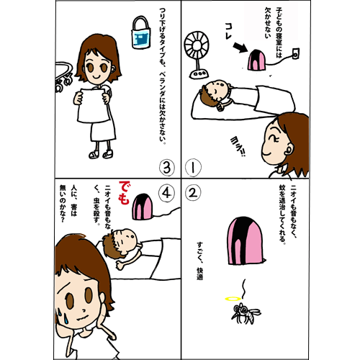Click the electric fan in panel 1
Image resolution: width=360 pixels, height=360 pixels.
[197, 55]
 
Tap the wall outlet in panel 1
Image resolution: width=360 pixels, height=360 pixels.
[295, 54]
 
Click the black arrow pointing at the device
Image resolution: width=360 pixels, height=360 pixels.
[240, 48]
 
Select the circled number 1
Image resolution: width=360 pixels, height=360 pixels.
[193, 167]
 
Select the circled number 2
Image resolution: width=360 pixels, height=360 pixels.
[193, 193]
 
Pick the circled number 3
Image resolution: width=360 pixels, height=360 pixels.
[167, 167]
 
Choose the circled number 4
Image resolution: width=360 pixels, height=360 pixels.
[167, 193]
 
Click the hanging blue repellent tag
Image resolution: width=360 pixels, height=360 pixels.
[141, 33]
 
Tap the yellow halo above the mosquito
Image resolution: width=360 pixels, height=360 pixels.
[233, 299]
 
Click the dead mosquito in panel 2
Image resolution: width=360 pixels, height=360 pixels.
[246, 313]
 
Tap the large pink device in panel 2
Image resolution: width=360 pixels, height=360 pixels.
[245, 240]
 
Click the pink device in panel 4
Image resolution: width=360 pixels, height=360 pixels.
[143, 207]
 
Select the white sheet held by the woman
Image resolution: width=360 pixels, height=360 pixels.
[93, 105]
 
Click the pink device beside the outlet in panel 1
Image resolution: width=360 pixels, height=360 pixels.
[256, 60]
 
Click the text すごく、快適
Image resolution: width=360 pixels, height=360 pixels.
[199, 261]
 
